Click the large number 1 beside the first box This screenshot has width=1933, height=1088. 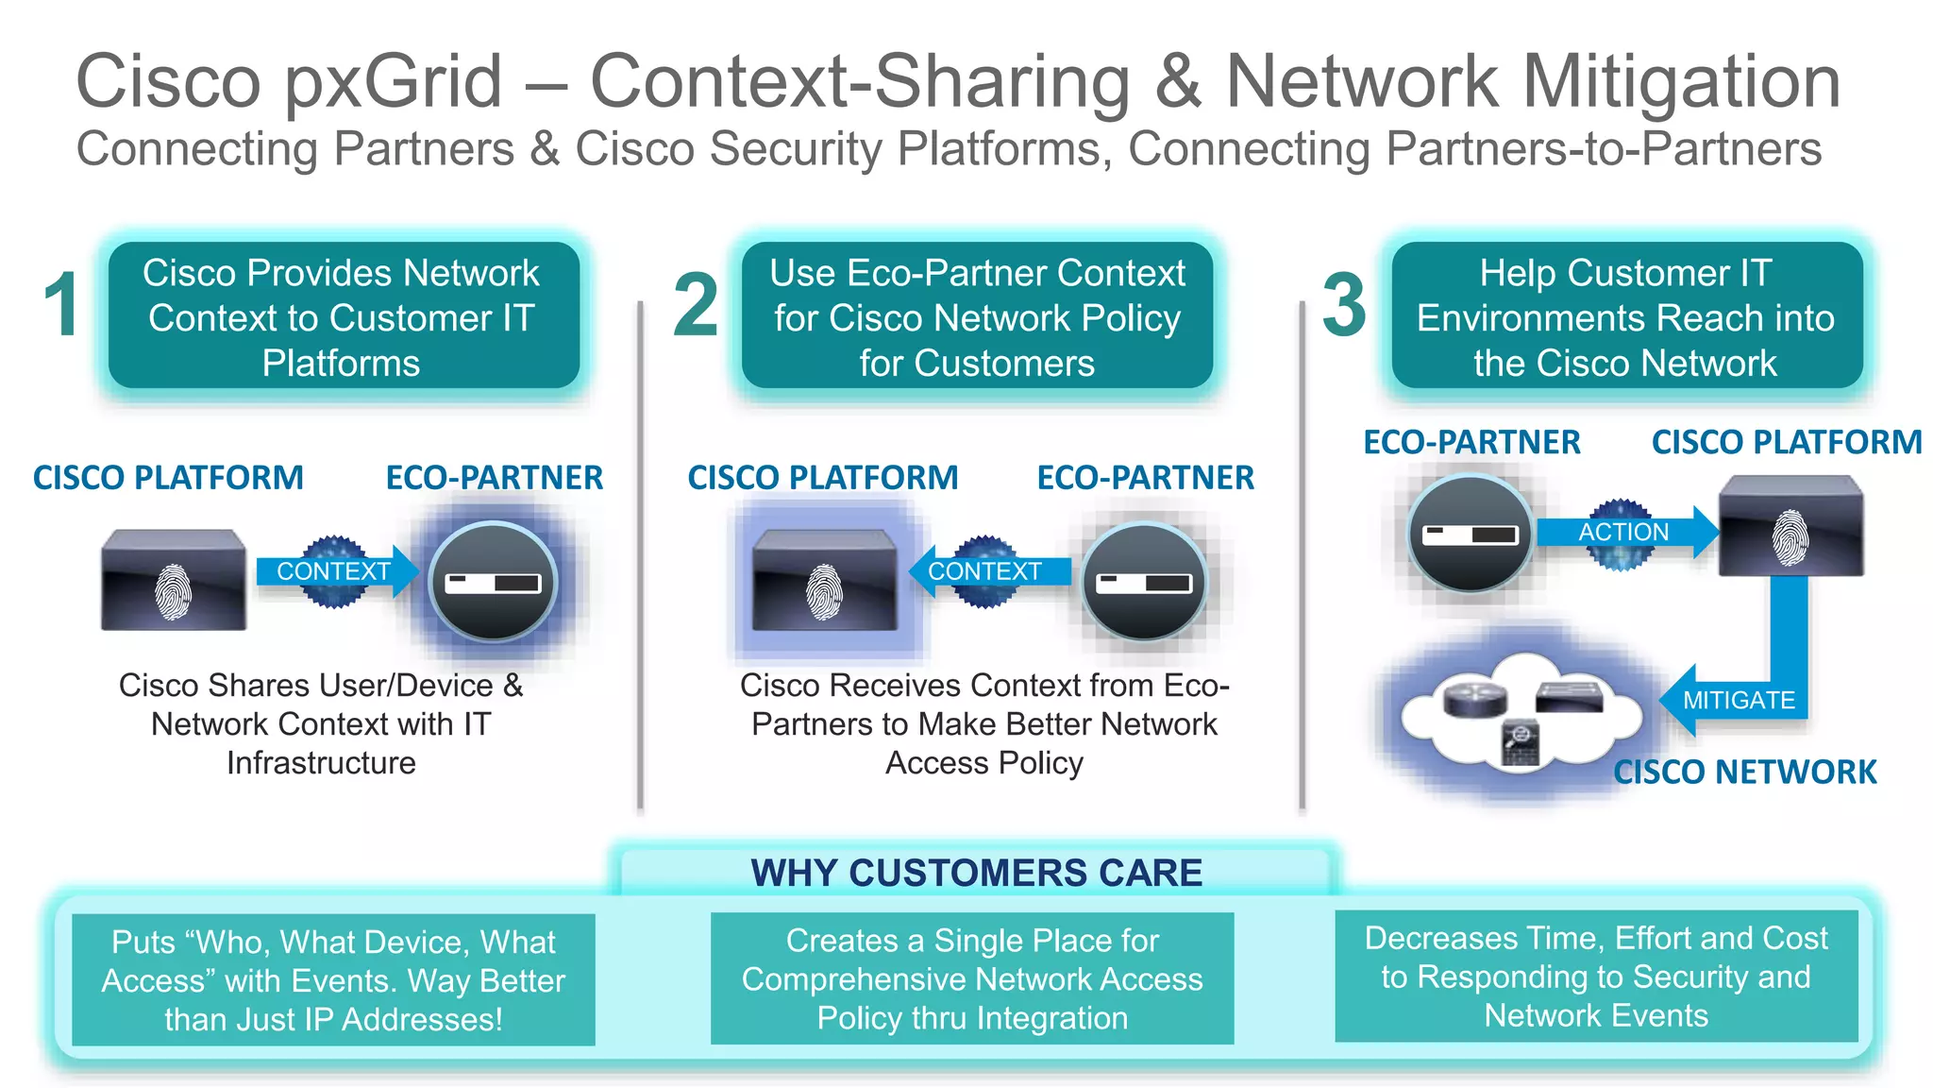(x=62, y=304)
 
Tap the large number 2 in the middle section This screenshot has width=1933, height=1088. (x=696, y=304)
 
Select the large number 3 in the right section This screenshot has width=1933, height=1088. (x=1344, y=304)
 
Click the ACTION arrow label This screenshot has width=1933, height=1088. (x=1623, y=533)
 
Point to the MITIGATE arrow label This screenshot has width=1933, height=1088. (x=1739, y=700)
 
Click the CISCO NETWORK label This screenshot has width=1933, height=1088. (x=1744, y=773)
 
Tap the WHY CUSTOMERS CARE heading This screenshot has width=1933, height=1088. (x=976, y=873)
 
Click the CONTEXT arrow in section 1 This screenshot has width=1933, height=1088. (x=333, y=571)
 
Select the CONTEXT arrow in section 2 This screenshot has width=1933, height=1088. (x=984, y=571)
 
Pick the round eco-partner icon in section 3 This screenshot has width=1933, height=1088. (x=1470, y=534)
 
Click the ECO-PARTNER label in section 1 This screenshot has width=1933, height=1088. (x=494, y=478)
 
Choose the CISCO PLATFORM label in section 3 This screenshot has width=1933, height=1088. (x=1786, y=442)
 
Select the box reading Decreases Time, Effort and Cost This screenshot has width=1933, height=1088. (x=1596, y=977)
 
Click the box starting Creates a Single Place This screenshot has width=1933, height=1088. (x=972, y=978)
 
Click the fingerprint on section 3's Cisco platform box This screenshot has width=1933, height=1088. (x=1790, y=537)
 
